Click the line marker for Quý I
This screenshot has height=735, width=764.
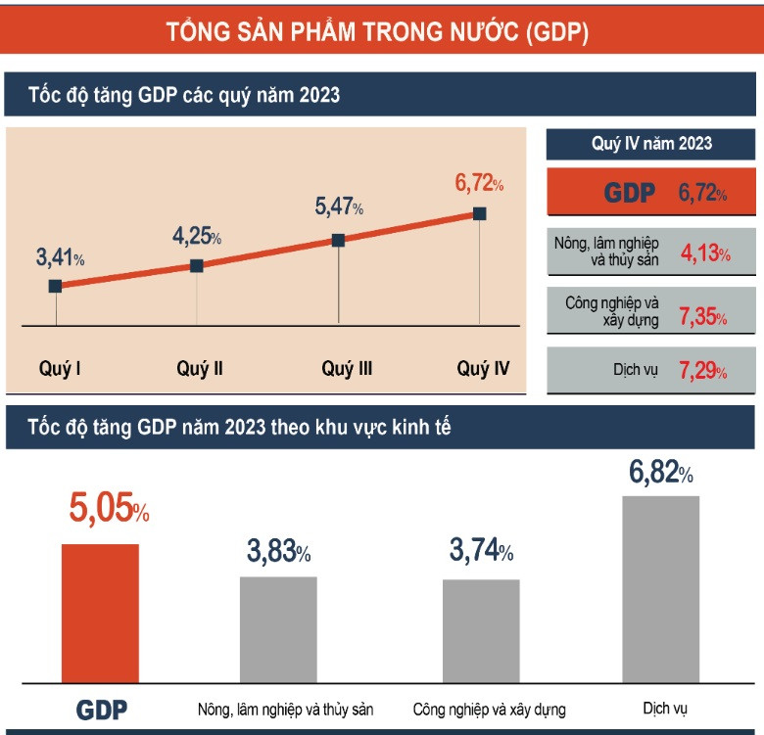55,286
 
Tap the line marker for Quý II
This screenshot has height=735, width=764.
196,265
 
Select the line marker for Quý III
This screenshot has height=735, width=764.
338,240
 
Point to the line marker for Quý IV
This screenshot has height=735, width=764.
479,212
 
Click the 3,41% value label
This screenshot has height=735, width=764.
60,258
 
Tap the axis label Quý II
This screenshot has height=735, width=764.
200,369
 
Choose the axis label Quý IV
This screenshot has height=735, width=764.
483,369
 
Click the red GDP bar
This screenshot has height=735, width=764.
100,613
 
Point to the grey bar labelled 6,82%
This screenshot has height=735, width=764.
661,588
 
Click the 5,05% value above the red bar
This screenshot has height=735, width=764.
109,510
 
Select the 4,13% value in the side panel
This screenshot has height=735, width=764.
704,254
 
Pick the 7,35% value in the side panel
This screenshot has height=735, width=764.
704,316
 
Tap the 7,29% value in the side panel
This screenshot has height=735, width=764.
704,372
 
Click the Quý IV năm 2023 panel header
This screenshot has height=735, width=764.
651,144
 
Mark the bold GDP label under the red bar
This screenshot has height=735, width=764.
101,710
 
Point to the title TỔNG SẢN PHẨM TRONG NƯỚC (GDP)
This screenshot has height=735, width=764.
378,32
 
